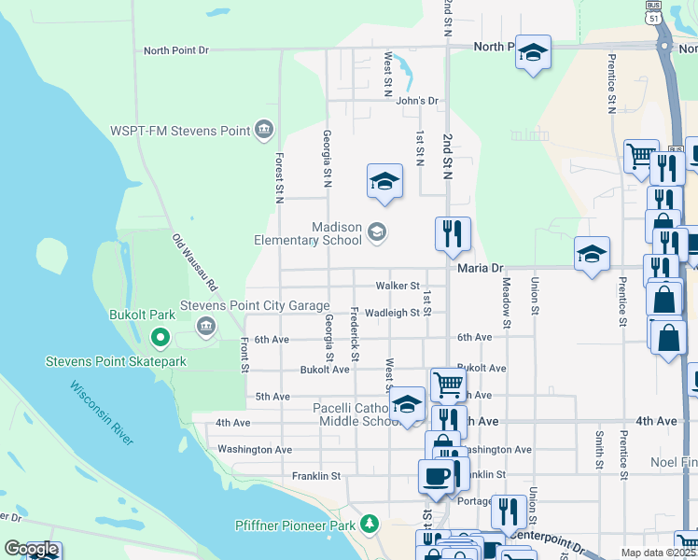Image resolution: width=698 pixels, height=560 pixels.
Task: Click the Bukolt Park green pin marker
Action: coord(160,337)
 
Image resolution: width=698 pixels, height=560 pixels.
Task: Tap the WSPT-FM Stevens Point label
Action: coord(180,130)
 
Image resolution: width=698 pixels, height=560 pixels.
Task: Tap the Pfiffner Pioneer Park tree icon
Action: coord(370,525)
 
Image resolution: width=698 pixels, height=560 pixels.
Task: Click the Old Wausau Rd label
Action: coord(194,261)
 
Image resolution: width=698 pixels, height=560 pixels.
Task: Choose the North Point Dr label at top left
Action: coord(175,51)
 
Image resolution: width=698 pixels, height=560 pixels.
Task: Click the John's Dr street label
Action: coord(416,101)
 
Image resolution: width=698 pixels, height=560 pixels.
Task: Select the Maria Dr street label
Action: coord(481,268)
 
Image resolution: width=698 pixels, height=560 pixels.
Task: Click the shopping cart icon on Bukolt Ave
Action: coord(448,384)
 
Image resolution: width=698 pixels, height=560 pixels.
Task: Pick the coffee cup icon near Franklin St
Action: coord(436,477)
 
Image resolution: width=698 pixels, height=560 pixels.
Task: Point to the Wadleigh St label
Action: coord(392,313)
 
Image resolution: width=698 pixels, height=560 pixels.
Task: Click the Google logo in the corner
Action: coord(30,550)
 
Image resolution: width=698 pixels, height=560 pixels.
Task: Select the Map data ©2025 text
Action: coord(659,553)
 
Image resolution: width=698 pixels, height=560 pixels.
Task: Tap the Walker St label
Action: coord(398,285)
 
